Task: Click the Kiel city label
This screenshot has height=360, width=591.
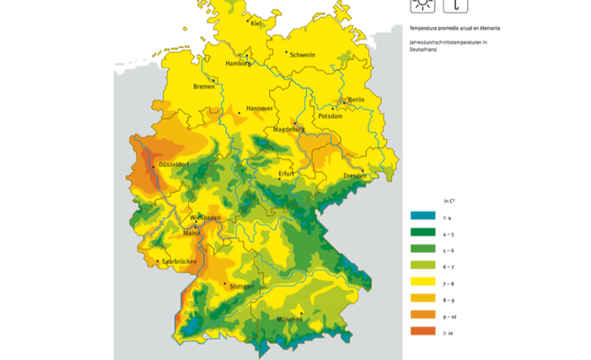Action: pyautogui.click(x=258, y=24)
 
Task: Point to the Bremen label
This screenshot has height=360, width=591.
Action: pyautogui.click(x=204, y=87)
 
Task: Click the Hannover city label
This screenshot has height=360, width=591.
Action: pyautogui.click(x=259, y=110)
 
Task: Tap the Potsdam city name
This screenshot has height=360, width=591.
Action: pyautogui.click(x=331, y=116)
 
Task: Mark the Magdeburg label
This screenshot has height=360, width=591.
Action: pyautogui.click(x=287, y=130)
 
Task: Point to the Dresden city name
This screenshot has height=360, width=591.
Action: pyautogui.click(x=355, y=175)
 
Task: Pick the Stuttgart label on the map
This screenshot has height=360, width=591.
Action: pyautogui.click(x=241, y=287)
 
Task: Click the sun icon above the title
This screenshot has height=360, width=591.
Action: pyautogui.click(x=422, y=5)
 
